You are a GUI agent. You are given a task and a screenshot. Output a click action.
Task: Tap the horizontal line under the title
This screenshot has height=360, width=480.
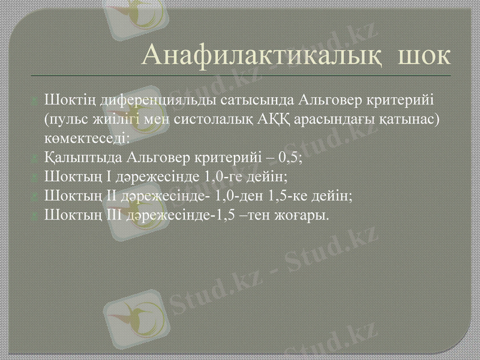pyautogui.click(x=240, y=76)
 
